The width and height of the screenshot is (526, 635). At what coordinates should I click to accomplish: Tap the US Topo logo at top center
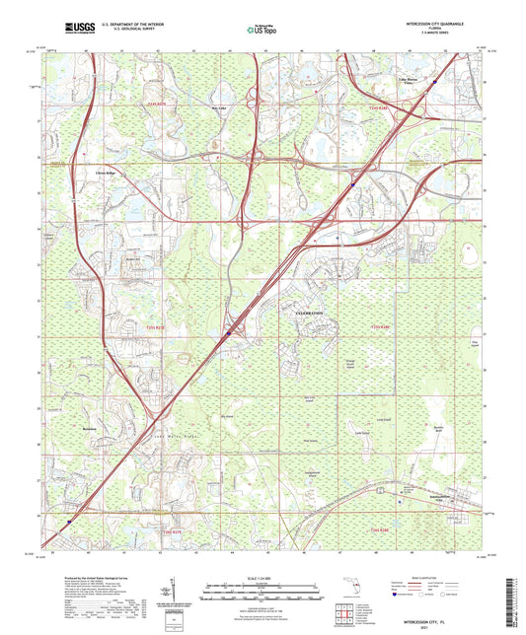[x=260, y=31]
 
